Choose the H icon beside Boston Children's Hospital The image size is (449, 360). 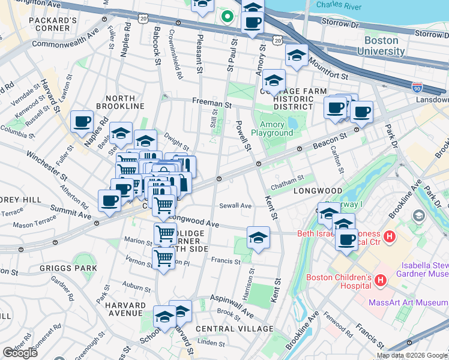[379, 280]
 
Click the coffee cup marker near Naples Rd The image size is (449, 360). [82, 121]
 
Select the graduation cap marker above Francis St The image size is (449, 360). [258, 238]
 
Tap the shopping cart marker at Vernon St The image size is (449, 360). [163, 258]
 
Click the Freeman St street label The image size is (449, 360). [212, 103]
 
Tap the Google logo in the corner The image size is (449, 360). [20, 353]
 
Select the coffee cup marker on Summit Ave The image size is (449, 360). [110, 200]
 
